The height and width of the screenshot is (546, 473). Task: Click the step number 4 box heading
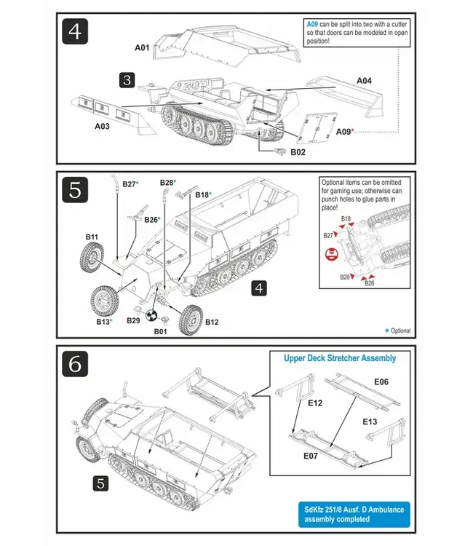click(x=75, y=31)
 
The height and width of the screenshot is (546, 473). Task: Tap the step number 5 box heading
click(x=75, y=189)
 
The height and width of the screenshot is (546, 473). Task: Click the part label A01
click(x=142, y=48)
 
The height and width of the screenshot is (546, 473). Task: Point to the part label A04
click(x=364, y=80)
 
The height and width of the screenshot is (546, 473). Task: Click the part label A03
click(x=103, y=125)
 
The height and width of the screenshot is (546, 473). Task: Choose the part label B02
click(x=298, y=152)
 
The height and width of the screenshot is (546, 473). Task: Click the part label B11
click(x=92, y=237)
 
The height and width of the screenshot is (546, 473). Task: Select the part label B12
click(x=212, y=321)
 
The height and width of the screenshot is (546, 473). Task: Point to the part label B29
click(x=133, y=320)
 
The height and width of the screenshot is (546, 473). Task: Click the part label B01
click(x=160, y=331)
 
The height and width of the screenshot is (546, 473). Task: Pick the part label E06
click(x=381, y=381)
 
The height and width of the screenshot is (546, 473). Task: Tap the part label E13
click(x=370, y=422)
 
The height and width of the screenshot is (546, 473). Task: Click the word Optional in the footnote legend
click(x=400, y=331)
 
